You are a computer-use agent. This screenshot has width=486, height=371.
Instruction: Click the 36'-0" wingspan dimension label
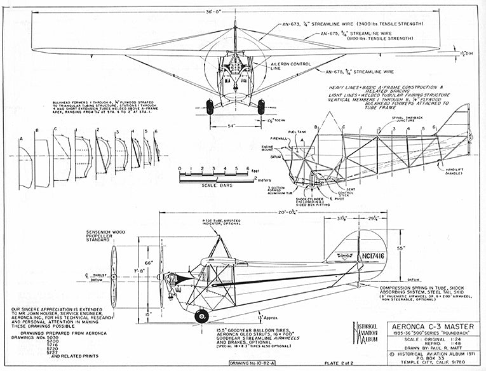coord(235,11)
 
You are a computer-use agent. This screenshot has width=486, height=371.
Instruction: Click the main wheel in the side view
coord(202,316)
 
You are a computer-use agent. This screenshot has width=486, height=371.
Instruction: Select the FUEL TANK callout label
coord(297,132)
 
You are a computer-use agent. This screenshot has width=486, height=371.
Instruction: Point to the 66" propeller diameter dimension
coord(149,262)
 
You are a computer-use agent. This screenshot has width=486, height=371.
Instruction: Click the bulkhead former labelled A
coord(25,167)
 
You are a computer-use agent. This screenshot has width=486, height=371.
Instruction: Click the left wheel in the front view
coord(210,106)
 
